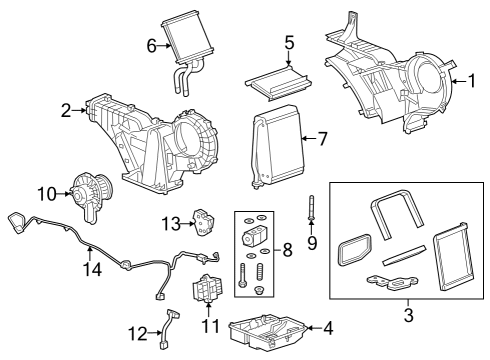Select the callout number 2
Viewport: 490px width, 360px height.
65,110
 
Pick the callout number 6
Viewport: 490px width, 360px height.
151,45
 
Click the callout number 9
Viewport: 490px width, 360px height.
312,242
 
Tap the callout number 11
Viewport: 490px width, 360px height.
210,326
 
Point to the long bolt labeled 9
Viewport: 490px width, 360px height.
312,209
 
